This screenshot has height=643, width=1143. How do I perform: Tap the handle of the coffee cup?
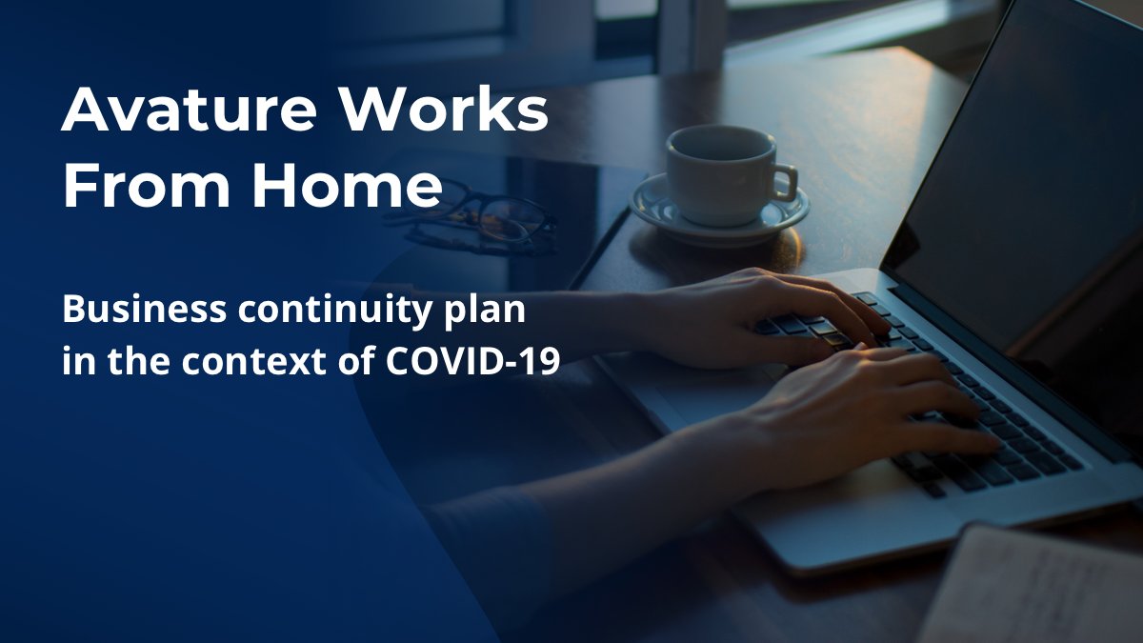[784, 181]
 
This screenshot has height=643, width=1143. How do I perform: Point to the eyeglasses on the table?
[476, 217]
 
